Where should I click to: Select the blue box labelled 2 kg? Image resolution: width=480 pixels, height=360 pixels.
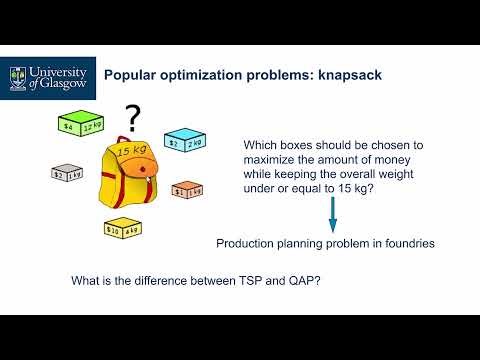point(183,141)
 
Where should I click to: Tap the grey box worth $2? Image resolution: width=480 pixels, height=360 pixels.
point(66,172)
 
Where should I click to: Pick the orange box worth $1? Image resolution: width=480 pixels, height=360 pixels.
point(187,190)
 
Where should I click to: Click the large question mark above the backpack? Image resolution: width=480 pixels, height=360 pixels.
point(131,115)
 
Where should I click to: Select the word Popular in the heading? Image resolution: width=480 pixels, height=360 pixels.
point(135,74)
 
